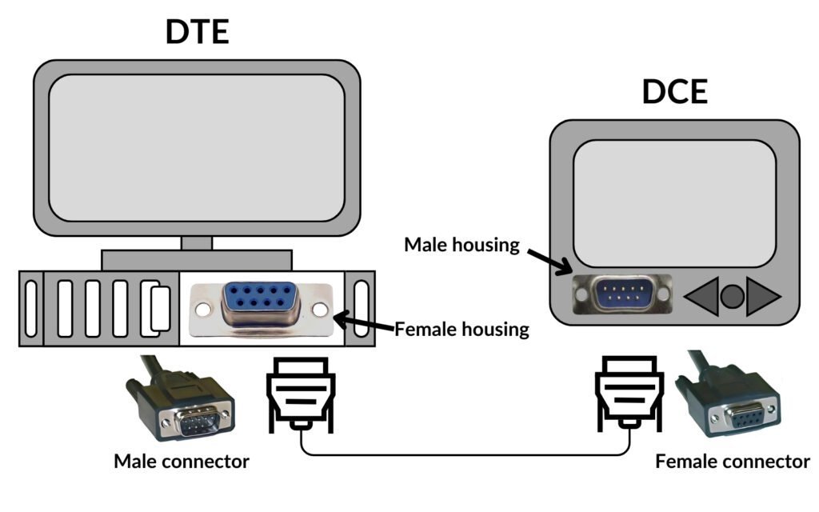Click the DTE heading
pyautogui.click(x=197, y=32)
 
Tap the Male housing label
pyautogui.click(x=461, y=245)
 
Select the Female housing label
pyautogui.click(x=462, y=328)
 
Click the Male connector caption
pyautogui.click(x=182, y=462)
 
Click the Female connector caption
pyautogui.click(x=732, y=462)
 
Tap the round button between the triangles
pyautogui.click(x=732, y=297)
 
